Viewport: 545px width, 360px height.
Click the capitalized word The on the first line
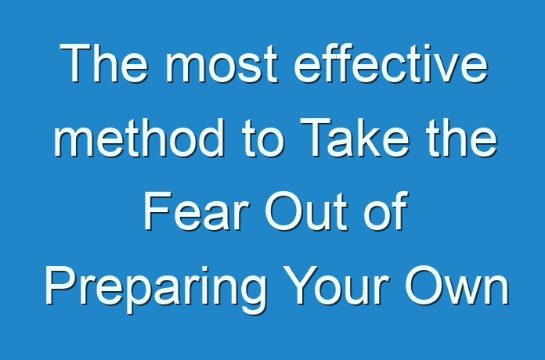click(x=104, y=63)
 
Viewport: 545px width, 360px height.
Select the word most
click(x=222, y=64)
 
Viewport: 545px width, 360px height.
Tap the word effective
click(x=392, y=63)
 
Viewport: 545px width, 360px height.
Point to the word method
click(x=139, y=138)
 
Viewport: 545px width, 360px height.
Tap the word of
click(x=386, y=211)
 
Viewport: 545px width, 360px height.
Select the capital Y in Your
click(x=302, y=286)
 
